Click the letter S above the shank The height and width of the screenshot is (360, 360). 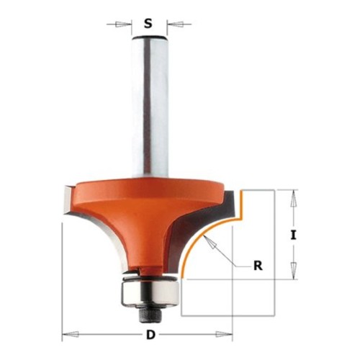[x=148, y=24]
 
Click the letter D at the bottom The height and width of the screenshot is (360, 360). [x=150, y=334]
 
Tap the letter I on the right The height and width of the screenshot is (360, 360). [x=293, y=235]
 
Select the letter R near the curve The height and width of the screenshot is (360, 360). [x=258, y=266]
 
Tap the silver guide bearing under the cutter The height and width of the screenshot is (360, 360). [x=150, y=293]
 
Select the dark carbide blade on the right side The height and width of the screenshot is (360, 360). [x=204, y=230]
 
